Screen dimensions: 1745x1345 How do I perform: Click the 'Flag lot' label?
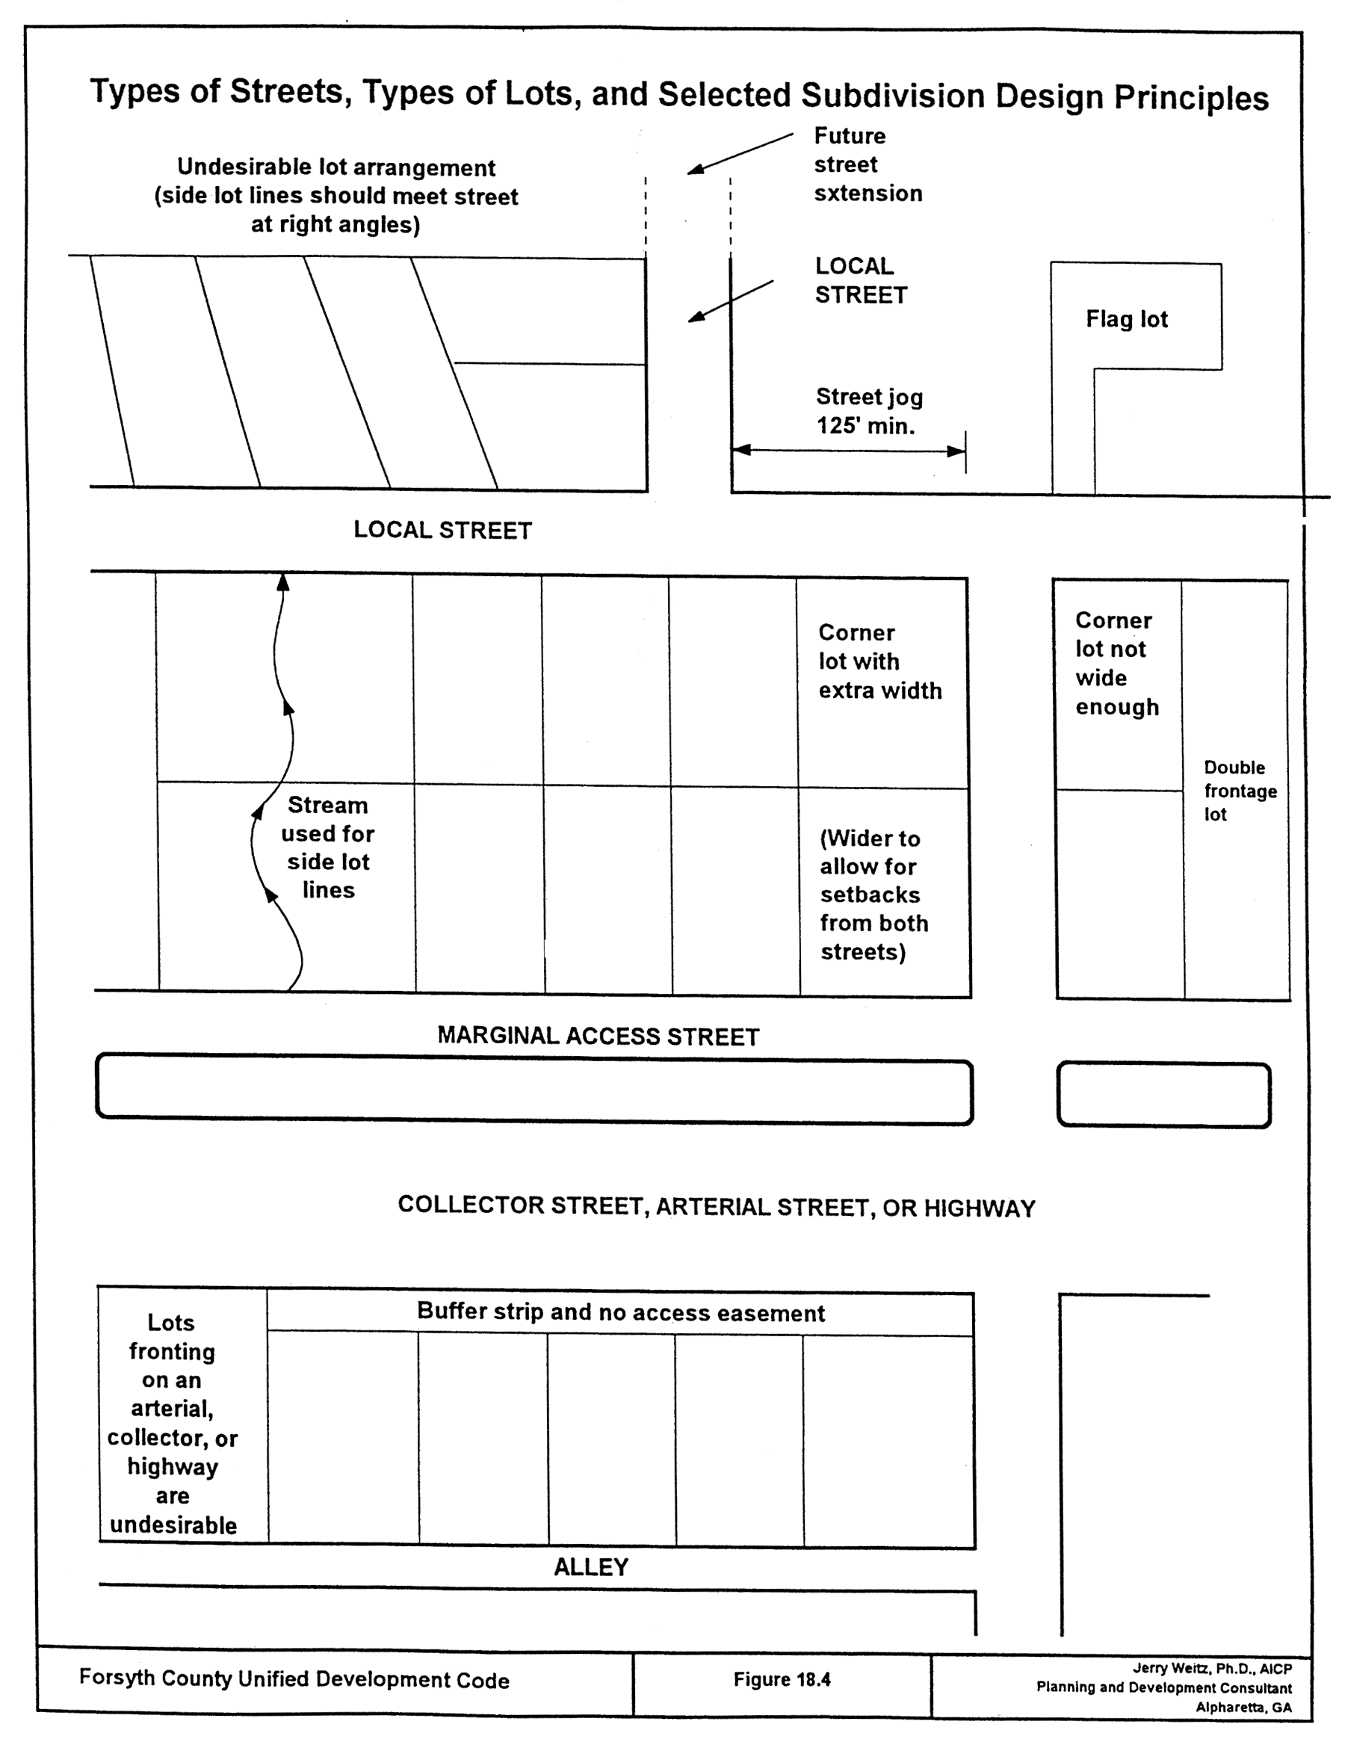coord(1126,320)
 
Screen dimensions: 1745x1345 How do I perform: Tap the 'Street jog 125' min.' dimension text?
coord(868,412)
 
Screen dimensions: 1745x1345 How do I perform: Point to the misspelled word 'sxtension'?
coord(868,194)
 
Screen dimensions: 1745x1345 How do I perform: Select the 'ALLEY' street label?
coord(591,1568)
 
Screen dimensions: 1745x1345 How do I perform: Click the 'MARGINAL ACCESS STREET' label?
coord(599,1037)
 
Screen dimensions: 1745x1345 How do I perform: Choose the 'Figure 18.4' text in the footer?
coord(782,1679)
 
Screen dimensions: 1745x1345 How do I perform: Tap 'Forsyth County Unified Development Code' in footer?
coord(294,1678)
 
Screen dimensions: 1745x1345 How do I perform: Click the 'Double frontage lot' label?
coord(1240,791)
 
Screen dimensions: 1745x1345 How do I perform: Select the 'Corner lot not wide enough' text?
coord(1115,663)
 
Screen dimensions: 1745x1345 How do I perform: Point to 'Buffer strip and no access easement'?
coord(621,1312)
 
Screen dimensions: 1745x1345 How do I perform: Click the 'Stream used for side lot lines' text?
coord(328,847)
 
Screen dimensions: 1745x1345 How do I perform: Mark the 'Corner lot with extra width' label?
coord(879,661)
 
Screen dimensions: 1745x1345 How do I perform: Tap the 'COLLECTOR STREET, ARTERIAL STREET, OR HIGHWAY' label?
coord(717,1206)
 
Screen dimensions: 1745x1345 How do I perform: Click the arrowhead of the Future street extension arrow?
coord(693,170)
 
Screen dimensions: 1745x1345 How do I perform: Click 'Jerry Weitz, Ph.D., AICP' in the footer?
coord(1211,1668)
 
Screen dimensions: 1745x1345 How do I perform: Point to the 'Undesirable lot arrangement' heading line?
coord(336,168)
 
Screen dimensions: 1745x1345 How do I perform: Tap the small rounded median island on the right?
coord(1163,1095)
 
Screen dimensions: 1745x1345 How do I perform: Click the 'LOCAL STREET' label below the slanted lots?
coord(442,530)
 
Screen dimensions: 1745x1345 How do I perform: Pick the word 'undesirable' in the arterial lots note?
coord(173,1525)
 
